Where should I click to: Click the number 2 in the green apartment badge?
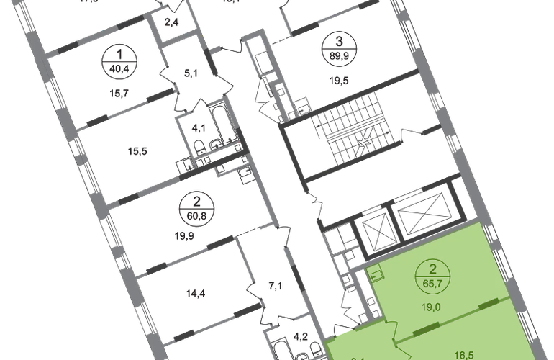[x=432, y=271]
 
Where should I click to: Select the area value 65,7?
[x=432, y=283]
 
